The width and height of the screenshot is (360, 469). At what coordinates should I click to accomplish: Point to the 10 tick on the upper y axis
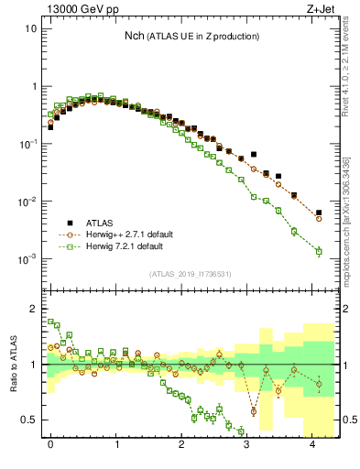(x=30, y=28)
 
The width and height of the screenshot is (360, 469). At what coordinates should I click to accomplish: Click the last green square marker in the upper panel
(x=319, y=251)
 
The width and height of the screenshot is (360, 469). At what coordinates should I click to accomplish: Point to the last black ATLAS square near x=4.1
(x=319, y=213)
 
